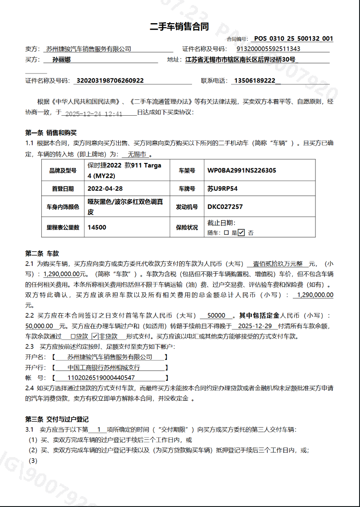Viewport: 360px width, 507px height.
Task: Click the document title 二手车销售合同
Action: pos(179,27)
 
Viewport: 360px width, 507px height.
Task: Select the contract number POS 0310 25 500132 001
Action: pos(293,39)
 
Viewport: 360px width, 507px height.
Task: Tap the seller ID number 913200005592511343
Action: pos(268,49)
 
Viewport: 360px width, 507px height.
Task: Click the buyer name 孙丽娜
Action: pos(61,59)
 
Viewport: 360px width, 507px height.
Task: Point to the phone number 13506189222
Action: pos(255,81)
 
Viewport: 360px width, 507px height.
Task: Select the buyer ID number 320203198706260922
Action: pos(110,81)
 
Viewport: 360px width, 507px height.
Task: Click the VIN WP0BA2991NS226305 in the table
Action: pos(242,171)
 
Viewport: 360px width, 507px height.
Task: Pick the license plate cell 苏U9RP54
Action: pos(222,188)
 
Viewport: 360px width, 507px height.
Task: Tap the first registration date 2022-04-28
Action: pos(105,188)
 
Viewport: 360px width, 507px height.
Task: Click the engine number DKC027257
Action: pos(225,207)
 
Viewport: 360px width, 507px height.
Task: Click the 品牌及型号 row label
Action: pos(62,171)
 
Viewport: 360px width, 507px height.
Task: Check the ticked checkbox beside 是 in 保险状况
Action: pos(242,233)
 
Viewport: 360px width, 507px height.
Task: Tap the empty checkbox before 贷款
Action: pos(74,337)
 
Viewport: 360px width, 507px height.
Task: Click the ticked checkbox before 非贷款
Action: pos(95,337)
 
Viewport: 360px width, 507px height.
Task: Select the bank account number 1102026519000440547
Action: pos(101,377)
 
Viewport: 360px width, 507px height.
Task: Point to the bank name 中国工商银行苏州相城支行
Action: pos(104,367)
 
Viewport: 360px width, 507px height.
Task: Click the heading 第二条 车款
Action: pos(42,253)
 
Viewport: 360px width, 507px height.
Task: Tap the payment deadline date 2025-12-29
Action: pos(255,326)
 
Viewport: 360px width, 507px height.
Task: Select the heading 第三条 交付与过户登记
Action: pos(57,419)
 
